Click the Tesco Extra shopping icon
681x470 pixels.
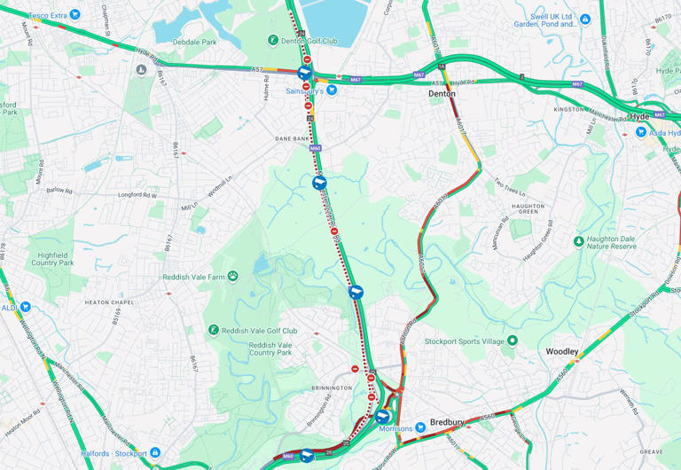click(74, 15)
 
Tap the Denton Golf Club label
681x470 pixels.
click(309, 41)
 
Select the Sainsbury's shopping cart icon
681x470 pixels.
click(332, 90)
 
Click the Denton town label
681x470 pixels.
click(442, 93)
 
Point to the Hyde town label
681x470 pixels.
click(639, 116)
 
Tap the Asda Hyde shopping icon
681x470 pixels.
click(640, 132)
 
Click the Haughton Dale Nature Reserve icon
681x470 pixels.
click(579, 241)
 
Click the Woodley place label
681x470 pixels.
click(562, 352)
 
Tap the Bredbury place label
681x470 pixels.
click(448, 422)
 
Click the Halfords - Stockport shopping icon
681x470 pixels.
click(155, 453)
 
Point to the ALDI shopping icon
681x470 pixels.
click(25, 307)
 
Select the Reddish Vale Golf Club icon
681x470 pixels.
click(214, 331)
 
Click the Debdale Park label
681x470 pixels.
click(194, 42)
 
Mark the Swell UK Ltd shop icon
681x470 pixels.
click(585, 18)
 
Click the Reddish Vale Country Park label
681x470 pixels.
click(270, 349)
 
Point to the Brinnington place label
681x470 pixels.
click(333, 388)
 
